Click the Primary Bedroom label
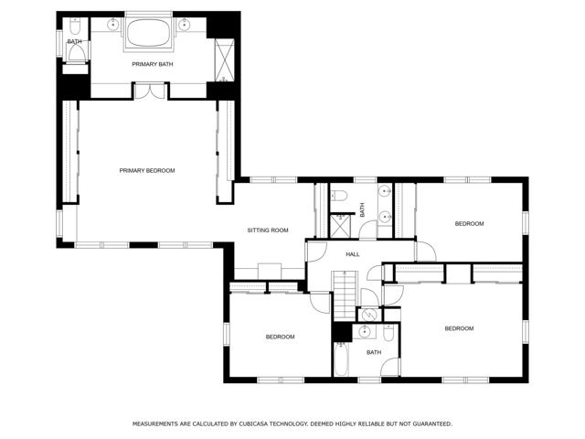point(147,171)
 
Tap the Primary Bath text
point(153,64)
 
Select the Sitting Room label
point(268,230)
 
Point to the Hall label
point(353,254)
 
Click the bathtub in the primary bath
point(148,33)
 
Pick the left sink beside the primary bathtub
point(112,25)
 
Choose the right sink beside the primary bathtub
point(184,25)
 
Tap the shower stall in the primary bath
point(224,60)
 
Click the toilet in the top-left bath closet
point(75,26)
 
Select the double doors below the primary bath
point(150,91)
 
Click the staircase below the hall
point(345,295)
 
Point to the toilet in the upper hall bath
point(339,195)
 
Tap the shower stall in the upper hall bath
point(341,226)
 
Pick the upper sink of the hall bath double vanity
point(384,192)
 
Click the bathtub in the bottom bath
point(341,359)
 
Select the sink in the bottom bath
point(363,331)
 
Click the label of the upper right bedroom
point(469,223)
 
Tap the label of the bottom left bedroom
point(280,337)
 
